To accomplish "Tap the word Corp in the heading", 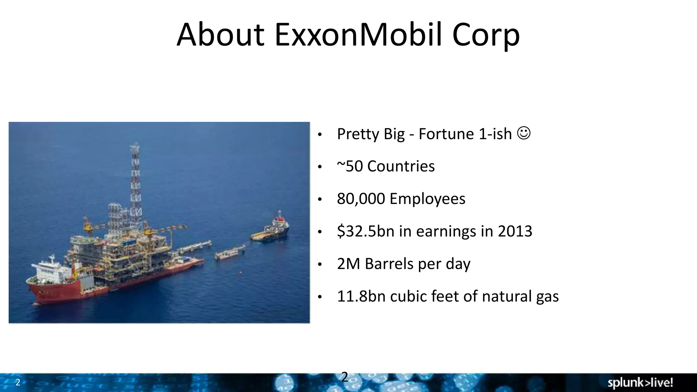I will [486, 35].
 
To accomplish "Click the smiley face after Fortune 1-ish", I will [524, 133].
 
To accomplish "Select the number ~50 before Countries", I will [350, 166].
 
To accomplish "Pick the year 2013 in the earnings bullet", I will [515, 231].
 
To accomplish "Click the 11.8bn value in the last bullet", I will [361, 296].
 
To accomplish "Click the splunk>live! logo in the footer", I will [640, 383].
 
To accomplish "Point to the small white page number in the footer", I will [18, 382].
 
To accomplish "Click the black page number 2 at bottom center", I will [344, 377].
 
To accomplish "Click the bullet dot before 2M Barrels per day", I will [319, 265].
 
